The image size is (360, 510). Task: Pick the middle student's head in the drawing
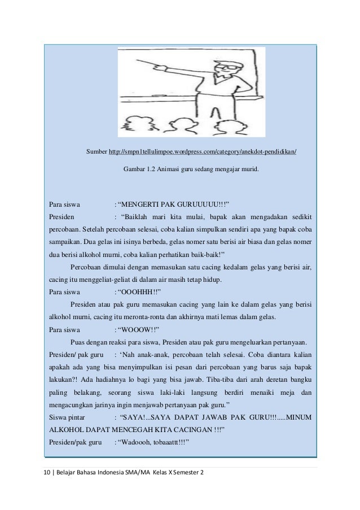coord(181,125)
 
